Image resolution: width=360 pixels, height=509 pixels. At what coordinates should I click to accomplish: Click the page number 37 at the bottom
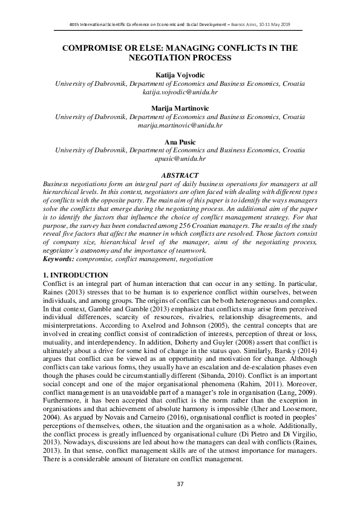point(180,484)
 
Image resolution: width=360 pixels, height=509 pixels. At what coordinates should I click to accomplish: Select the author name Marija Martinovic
point(180,108)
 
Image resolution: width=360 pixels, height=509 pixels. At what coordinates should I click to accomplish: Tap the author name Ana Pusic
point(180,141)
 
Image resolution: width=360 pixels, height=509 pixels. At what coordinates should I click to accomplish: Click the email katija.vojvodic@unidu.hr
point(180,94)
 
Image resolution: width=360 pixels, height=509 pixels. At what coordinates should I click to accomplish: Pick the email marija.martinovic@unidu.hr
point(180,126)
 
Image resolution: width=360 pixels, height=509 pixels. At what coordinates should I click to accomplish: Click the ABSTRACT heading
point(180,175)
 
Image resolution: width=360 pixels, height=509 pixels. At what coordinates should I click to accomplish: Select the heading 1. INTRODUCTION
point(77,275)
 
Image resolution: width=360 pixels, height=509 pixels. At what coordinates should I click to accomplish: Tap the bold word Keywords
point(59,259)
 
